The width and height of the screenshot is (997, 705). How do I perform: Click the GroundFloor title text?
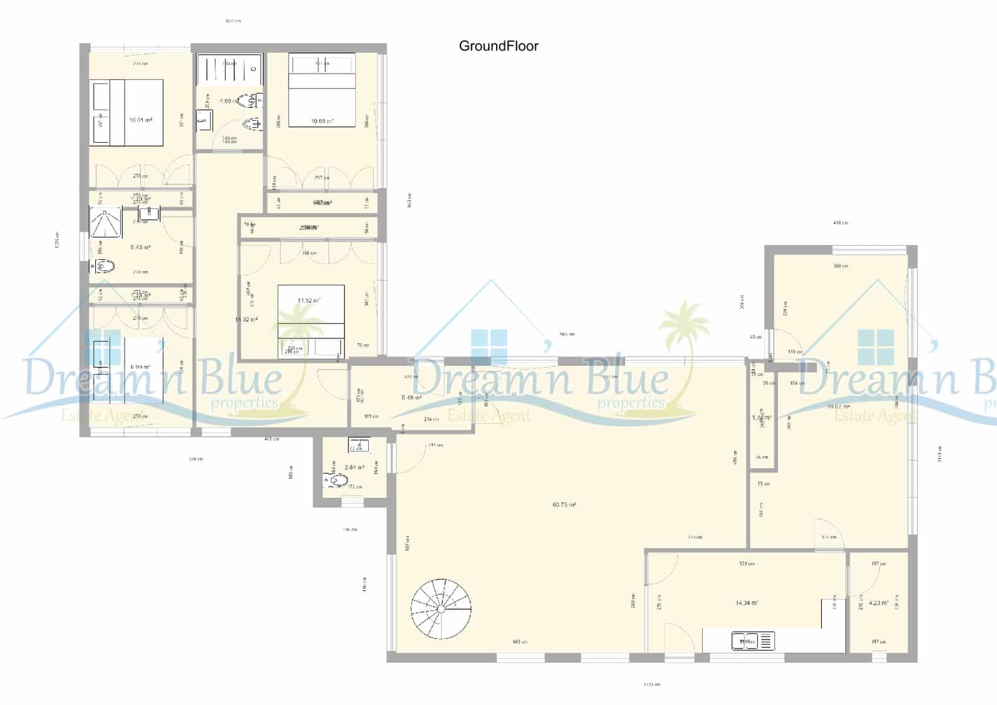499,46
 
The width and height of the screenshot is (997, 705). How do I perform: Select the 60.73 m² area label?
564,505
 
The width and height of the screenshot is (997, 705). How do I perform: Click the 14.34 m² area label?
747,603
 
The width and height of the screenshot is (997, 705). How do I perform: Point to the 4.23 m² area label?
878,603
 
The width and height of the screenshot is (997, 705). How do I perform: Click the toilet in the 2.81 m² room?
336,480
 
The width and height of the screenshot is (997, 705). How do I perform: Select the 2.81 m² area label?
354,468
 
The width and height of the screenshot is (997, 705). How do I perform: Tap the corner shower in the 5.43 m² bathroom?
105,223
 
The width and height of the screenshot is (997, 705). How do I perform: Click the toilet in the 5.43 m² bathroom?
104,267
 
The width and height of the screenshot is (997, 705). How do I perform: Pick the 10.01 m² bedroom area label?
140,120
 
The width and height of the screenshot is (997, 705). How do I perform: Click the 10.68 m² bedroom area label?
322,122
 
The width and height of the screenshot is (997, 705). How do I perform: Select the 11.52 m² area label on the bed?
308,300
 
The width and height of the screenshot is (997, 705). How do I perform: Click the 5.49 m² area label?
411,398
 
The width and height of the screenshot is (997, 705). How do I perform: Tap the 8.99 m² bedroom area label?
140,368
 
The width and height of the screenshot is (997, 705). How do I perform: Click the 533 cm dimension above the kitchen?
747,564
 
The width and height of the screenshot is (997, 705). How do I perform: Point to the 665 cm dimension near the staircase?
520,641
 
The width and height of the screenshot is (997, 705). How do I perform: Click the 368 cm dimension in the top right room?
841,266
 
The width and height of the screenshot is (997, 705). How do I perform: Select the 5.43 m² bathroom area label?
140,247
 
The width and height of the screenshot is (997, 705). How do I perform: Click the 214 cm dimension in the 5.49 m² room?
431,420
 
